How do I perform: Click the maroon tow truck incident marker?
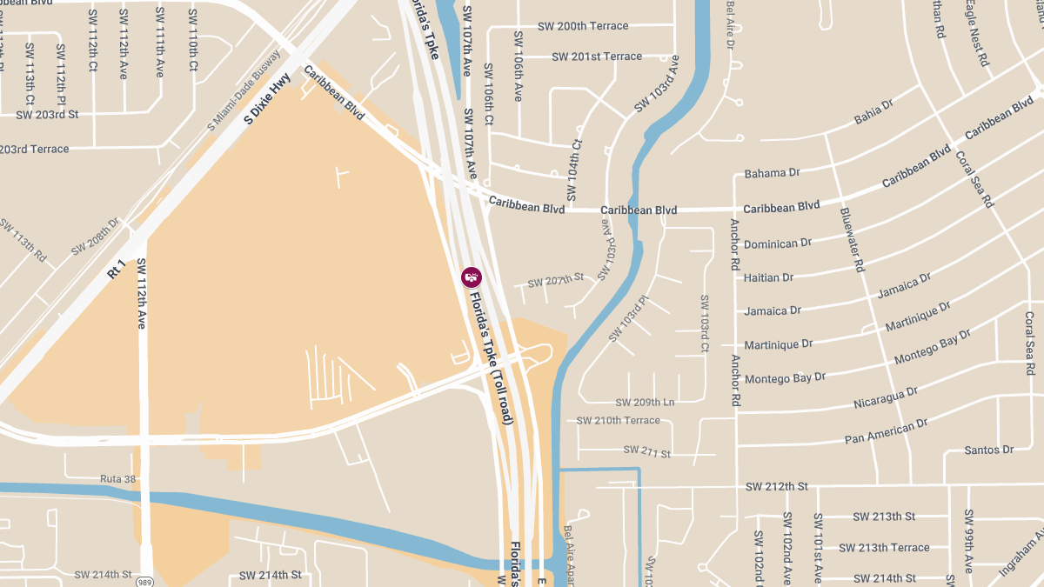point(471,277)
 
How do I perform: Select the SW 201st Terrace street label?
point(596,57)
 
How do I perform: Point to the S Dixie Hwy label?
point(267,100)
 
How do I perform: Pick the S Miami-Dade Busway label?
point(244,91)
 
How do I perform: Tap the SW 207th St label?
point(555,280)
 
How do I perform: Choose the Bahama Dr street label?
point(772,173)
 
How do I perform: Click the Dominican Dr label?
point(777,243)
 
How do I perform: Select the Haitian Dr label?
point(768,277)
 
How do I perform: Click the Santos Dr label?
point(989,450)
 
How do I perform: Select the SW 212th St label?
point(776,486)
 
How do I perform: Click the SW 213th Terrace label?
point(884,547)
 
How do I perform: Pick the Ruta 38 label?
point(119,479)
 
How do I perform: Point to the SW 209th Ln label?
point(645,403)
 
